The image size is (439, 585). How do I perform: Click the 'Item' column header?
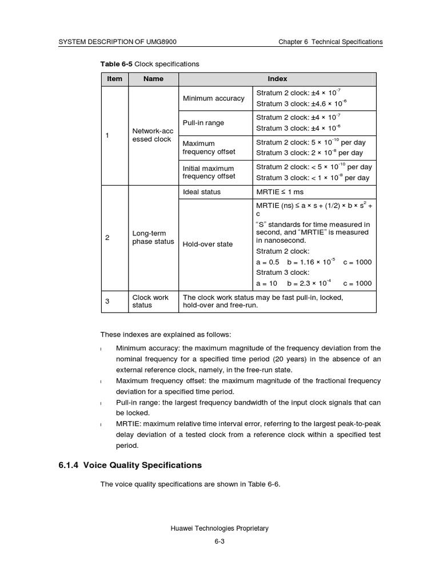tap(115, 79)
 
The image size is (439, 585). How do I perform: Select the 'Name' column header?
tap(153, 79)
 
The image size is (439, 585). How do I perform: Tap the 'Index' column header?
tap(277, 79)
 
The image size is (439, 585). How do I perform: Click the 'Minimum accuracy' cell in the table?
tap(213, 98)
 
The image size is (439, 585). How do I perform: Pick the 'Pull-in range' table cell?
tap(203, 123)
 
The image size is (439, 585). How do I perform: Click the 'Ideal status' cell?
tap(202, 192)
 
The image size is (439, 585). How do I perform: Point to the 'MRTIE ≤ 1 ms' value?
tap(281, 192)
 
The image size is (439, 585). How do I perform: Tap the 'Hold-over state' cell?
tap(207, 244)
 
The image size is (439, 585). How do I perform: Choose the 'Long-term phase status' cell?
tap(153, 237)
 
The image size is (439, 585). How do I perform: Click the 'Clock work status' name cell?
tap(150, 301)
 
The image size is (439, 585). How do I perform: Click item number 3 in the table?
tap(107, 301)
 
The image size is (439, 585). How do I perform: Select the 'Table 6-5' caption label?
tap(117, 64)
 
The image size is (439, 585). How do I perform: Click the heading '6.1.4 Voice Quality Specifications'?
tap(130, 465)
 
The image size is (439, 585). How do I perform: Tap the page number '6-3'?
tap(219, 543)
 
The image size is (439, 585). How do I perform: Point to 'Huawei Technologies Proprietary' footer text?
tap(219, 528)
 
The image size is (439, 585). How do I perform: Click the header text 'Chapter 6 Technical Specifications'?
tap(330, 42)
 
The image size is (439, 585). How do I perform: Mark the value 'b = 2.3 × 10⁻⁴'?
tap(309, 283)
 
